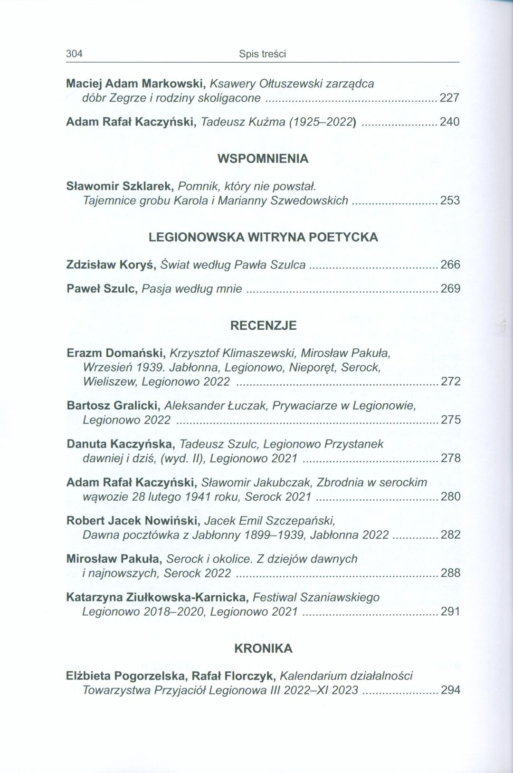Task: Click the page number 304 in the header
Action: coord(74,54)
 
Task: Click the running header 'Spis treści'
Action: coord(262,54)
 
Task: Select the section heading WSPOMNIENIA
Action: coord(263,159)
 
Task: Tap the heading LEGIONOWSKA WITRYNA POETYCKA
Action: coord(263,237)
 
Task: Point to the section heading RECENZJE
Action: coord(263,325)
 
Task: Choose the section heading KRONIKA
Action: coord(263,649)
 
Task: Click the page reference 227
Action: coord(450,98)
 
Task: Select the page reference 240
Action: coord(450,122)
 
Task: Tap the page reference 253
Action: coord(450,200)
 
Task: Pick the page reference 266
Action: coord(450,265)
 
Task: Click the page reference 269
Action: coord(450,289)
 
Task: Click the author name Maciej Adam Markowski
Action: coord(135,84)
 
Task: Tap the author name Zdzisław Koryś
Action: coord(112,265)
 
